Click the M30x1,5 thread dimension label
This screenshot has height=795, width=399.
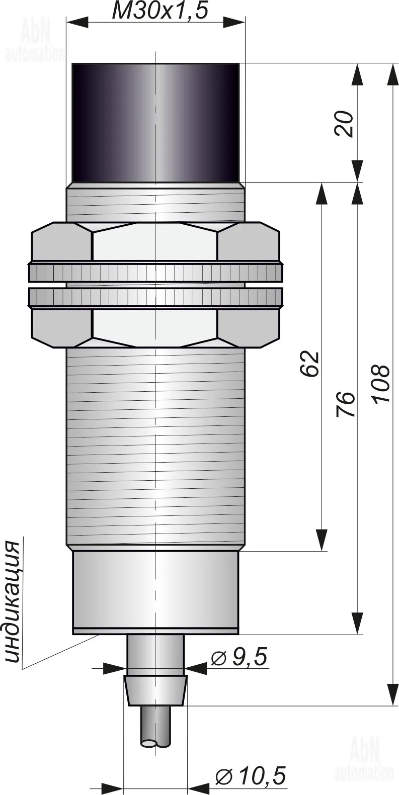click(159, 12)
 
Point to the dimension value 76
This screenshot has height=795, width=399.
click(345, 404)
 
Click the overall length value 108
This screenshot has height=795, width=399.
click(380, 383)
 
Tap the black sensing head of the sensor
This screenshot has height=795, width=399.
click(155, 123)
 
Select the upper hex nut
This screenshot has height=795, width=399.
click(155, 242)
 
